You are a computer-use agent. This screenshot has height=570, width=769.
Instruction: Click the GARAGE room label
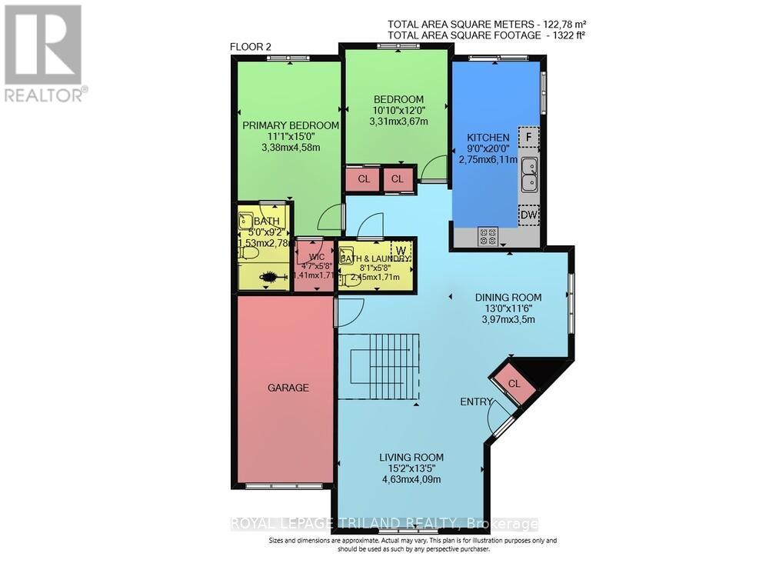(288, 388)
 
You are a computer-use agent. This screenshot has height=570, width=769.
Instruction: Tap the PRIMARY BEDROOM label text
(291, 125)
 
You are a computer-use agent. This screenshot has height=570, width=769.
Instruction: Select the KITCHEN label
(488, 138)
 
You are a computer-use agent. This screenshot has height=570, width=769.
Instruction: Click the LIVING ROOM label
(411, 457)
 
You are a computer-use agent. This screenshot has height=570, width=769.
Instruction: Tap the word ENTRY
(476, 402)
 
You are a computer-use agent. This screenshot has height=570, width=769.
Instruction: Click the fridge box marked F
(528, 138)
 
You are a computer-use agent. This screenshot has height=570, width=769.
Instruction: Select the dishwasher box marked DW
(528, 216)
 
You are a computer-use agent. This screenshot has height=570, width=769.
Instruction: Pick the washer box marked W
(401, 249)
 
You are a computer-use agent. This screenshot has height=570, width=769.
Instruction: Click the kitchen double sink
(529, 175)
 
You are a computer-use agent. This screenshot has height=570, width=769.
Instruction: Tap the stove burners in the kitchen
(488, 237)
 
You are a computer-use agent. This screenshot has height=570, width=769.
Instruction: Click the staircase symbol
(379, 368)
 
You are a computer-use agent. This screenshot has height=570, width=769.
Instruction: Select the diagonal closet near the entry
(514, 383)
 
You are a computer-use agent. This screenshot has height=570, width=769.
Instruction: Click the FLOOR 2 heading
(252, 47)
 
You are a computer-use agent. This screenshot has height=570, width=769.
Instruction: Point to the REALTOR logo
(44, 53)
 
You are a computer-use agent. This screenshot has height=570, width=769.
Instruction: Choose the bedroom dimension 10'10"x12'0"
(398, 111)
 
